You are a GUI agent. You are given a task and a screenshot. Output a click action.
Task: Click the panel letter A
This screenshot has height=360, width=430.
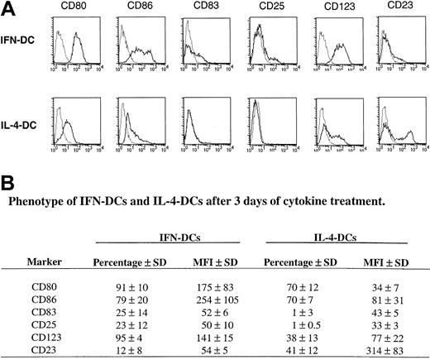8,8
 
